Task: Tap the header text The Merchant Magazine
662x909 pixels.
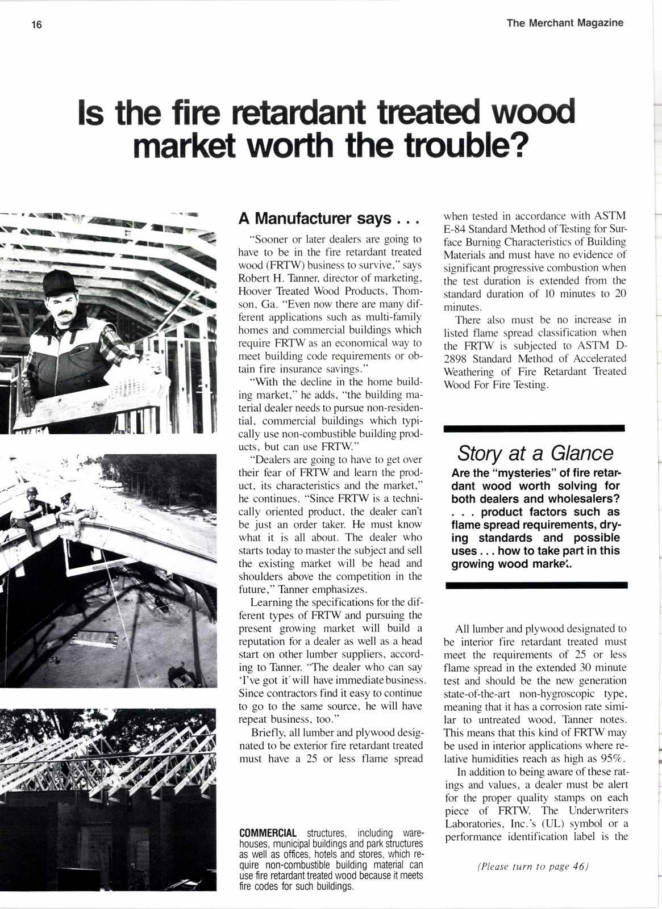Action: (x=565, y=23)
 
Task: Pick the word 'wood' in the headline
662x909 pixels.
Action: (x=531, y=112)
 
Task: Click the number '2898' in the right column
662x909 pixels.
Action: (x=457, y=358)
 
